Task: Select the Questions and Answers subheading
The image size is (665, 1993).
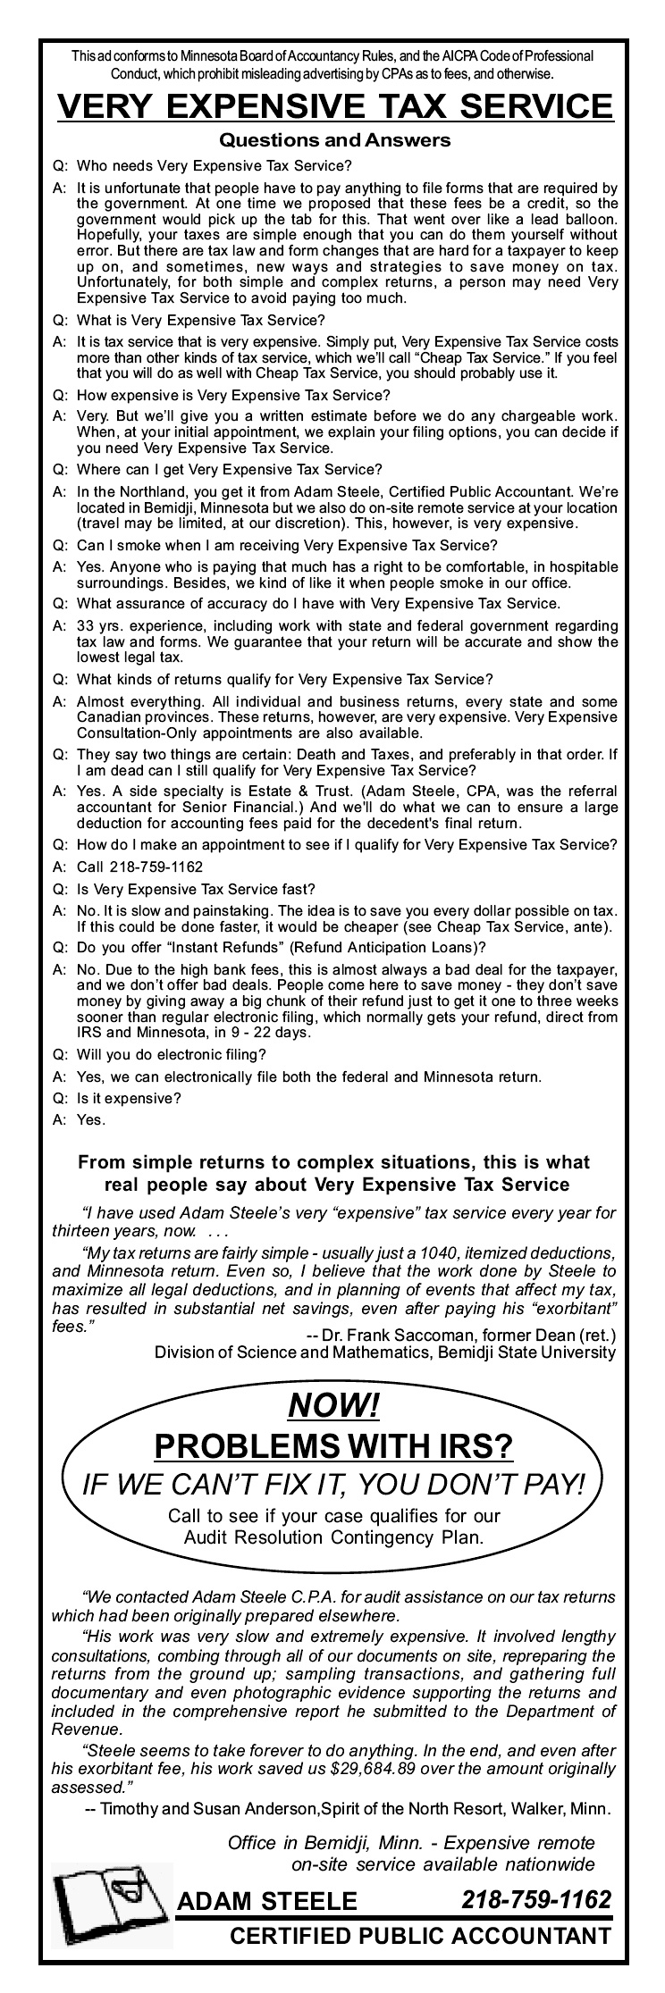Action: (x=335, y=140)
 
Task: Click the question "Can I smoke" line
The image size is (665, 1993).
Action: (x=286, y=545)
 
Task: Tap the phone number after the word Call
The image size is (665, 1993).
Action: (x=156, y=867)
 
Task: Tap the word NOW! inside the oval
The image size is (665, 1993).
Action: (x=333, y=1406)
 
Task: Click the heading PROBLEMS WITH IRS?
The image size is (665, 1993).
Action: (x=333, y=1445)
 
